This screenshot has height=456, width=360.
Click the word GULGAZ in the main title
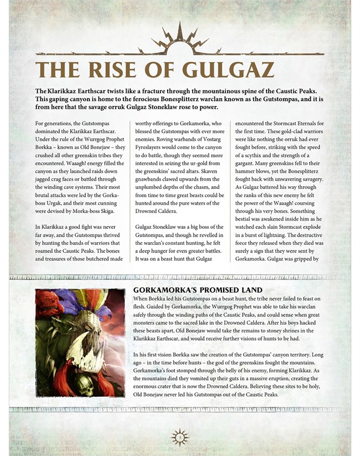(x=228, y=70)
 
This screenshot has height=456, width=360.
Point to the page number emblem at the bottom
(x=179, y=437)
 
